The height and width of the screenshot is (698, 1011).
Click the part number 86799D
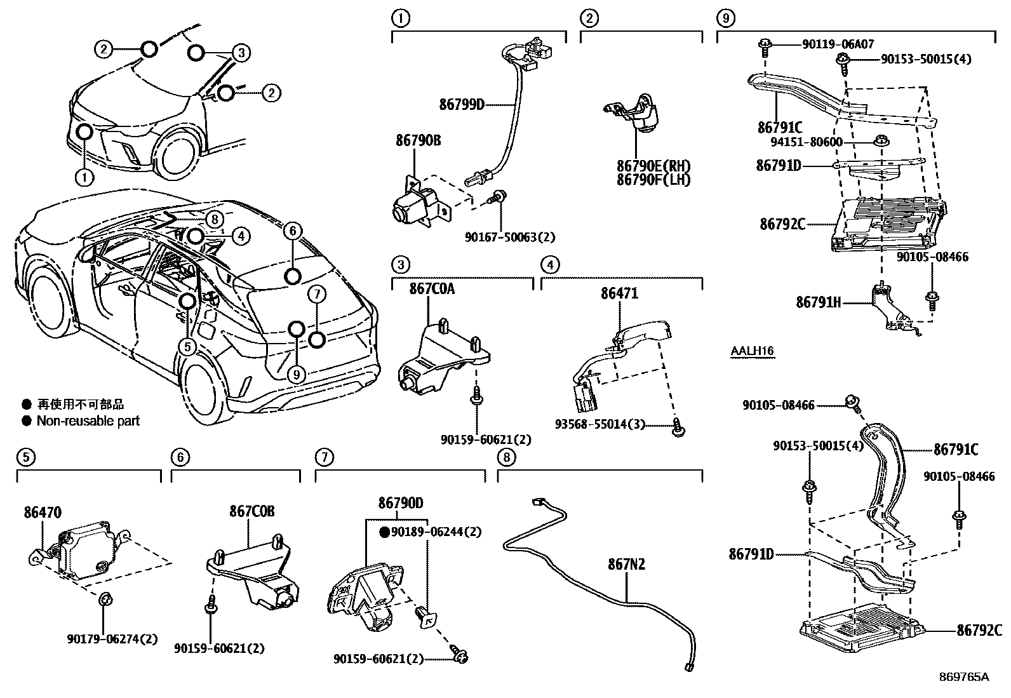[x=461, y=104]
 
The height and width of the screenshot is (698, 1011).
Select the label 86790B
[x=418, y=140]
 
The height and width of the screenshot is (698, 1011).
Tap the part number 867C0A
[x=432, y=289]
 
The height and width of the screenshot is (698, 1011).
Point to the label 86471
[x=619, y=293]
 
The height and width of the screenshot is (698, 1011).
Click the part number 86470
[x=43, y=512]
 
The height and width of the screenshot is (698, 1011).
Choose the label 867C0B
[x=252, y=511]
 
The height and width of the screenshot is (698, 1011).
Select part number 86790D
[x=400, y=503]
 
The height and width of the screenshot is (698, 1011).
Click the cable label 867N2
[x=627, y=564]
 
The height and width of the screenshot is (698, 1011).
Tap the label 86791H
[x=818, y=302]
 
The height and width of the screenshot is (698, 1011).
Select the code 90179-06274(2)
[x=112, y=639]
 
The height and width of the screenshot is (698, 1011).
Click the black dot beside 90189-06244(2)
[x=384, y=532]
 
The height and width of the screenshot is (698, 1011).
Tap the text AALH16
[x=752, y=351]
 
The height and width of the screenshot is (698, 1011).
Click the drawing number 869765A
[x=965, y=676]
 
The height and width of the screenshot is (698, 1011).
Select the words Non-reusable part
[x=88, y=420]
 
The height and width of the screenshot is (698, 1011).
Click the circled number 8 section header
[x=506, y=457]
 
